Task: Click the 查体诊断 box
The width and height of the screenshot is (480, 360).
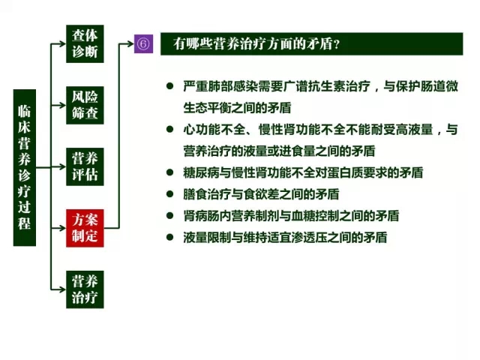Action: (x=85, y=43)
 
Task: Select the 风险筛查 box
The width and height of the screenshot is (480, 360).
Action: (x=85, y=105)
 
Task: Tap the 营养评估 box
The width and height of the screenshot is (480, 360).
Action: (x=85, y=166)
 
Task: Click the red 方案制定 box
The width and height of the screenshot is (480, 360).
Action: (x=85, y=228)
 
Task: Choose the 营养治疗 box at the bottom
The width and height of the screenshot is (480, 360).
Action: (x=85, y=289)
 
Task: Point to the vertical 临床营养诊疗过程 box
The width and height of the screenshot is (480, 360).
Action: (x=25, y=168)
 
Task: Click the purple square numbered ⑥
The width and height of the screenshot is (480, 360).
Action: (x=143, y=43)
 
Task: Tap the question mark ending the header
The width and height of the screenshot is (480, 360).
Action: (x=337, y=45)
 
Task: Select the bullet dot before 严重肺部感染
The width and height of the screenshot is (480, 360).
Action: (x=170, y=86)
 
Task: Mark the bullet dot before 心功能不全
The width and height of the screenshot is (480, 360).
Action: (x=170, y=129)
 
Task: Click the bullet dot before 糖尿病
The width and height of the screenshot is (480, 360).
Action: (x=170, y=172)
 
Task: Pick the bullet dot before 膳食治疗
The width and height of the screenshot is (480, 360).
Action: (x=170, y=194)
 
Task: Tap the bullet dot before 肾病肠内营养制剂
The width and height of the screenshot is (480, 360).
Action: (x=170, y=216)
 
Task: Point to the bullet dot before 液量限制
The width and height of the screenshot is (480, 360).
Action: (x=170, y=237)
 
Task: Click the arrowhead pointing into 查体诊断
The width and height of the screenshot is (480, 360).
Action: (x=62, y=43)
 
